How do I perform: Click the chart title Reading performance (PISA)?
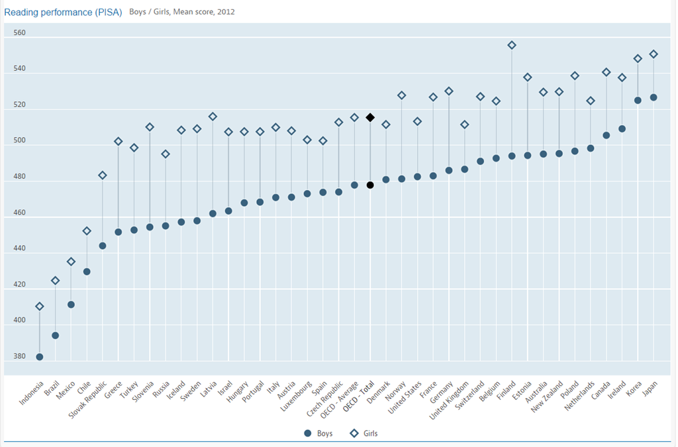pos(64,12)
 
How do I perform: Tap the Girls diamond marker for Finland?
pos(512,45)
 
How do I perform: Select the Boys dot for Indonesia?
pos(40,357)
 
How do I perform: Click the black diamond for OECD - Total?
pos(370,117)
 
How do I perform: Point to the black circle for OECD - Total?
pos(370,185)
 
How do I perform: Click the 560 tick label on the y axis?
pos(19,32)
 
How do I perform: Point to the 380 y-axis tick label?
pos(19,356)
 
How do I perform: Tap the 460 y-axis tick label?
pos(19,213)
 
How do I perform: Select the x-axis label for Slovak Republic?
pos(87,401)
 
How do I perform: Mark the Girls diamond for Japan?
pos(654,54)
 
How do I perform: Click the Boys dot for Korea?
pos(638,100)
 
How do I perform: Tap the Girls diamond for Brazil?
pos(56,281)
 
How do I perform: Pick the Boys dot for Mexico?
pos(71,305)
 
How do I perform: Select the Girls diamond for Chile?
pos(87,230)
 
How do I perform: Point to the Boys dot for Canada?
pos(606,135)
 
